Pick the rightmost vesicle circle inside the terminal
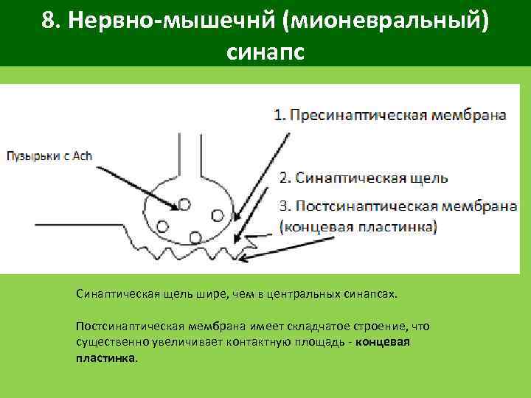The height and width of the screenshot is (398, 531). point(218,214)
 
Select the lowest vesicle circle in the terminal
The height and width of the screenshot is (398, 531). point(195,237)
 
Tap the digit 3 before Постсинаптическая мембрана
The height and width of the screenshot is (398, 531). point(283,206)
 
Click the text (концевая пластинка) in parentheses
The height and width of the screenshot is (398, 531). point(358,226)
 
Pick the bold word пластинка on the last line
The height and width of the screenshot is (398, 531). point(105,358)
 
